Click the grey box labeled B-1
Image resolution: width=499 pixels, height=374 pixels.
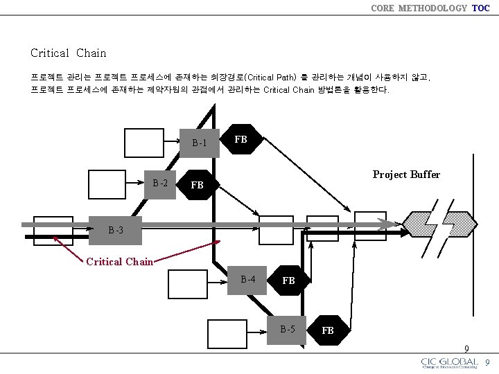point(199,143)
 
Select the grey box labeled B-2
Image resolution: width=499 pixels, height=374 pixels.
point(160,184)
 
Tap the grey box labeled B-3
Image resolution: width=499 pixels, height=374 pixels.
point(116,230)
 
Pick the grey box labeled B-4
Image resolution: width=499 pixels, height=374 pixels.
point(247,280)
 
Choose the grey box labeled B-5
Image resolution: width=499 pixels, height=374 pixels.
point(288,329)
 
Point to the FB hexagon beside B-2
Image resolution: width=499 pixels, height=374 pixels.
point(198,185)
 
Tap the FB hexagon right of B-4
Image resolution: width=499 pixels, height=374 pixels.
point(288,280)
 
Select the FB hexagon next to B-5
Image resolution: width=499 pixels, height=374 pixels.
point(328,330)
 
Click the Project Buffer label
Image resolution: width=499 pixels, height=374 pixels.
point(406,175)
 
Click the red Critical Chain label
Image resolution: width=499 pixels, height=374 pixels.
point(119,262)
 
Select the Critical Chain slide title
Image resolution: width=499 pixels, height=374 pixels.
point(69,53)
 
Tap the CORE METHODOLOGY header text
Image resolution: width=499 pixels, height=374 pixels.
point(419,8)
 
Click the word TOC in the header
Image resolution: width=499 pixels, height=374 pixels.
point(480,8)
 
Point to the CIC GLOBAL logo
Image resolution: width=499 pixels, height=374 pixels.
point(449,363)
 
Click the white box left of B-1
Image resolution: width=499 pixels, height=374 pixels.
point(143,143)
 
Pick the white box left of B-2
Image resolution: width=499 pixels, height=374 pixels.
point(108,184)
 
